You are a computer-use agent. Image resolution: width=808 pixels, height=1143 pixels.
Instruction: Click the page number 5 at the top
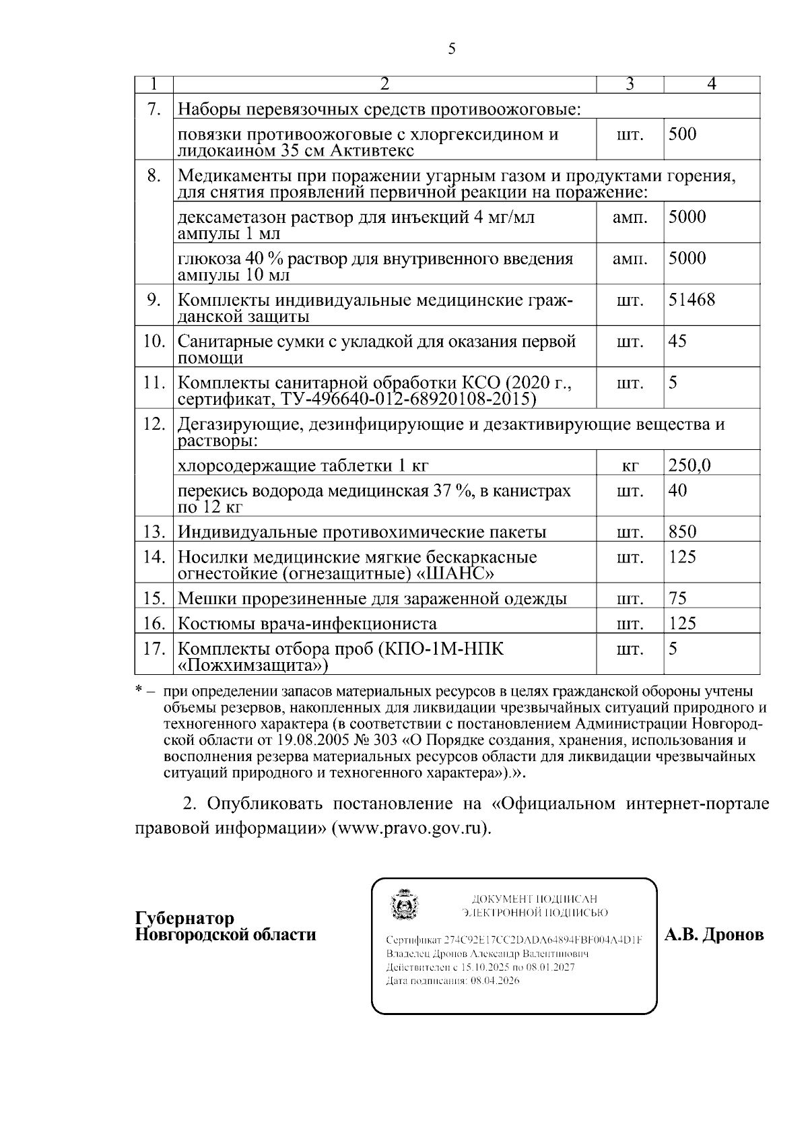click(x=451, y=48)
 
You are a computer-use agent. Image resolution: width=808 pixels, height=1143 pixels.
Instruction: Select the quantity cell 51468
click(x=691, y=300)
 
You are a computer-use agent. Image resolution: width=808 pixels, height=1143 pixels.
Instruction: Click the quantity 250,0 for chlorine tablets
click(x=689, y=465)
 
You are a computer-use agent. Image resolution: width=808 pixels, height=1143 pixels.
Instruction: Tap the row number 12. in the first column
click(x=154, y=424)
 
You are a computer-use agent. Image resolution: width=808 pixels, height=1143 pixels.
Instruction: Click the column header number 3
click(x=630, y=84)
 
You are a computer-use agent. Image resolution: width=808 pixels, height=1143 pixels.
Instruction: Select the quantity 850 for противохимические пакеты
click(x=682, y=531)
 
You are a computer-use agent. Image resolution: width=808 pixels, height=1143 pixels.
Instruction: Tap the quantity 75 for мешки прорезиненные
click(x=677, y=598)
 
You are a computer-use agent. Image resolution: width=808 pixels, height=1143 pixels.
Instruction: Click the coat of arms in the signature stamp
click(x=405, y=907)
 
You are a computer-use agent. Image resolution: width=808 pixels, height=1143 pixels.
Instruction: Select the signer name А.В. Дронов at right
click(x=714, y=935)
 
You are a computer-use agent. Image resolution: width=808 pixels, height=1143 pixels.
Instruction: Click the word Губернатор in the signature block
click(x=185, y=919)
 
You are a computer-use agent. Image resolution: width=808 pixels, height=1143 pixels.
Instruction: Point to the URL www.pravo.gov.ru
click(x=411, y=828)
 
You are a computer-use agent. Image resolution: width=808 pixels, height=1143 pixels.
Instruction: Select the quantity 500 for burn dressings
click(x=682, y=134)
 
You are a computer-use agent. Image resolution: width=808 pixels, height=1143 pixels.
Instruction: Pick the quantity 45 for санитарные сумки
click(x=677, y=341)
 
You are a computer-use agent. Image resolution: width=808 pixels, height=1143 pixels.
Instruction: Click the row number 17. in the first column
click(x=154, y=649)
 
